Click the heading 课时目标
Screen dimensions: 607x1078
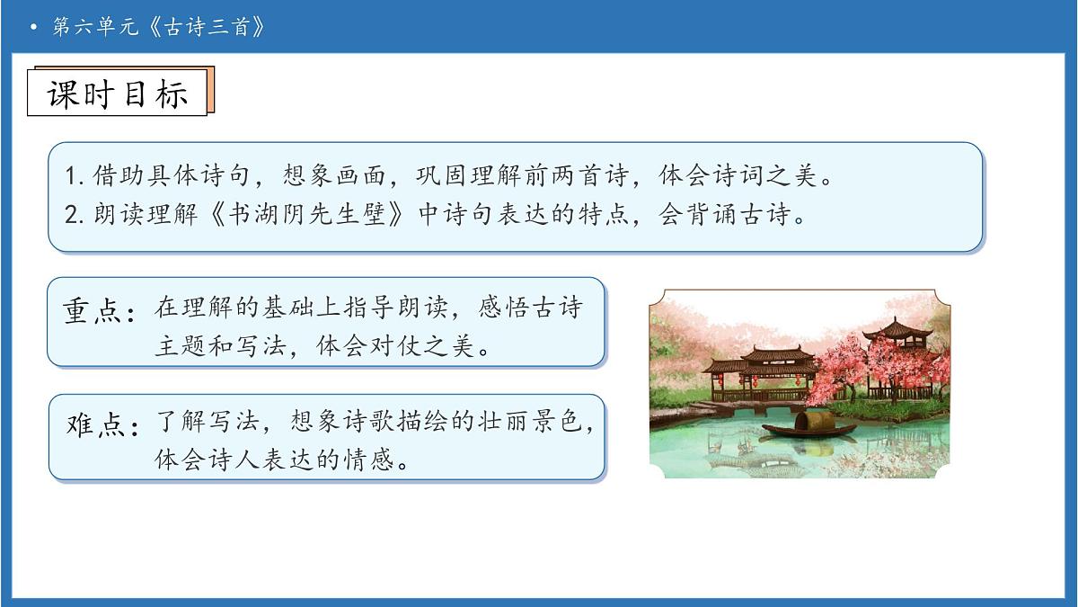point(118,94)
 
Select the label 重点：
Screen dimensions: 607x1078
point(100,310)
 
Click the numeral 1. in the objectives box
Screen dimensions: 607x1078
point(75,177)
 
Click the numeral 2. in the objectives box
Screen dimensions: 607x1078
point(75,217)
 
